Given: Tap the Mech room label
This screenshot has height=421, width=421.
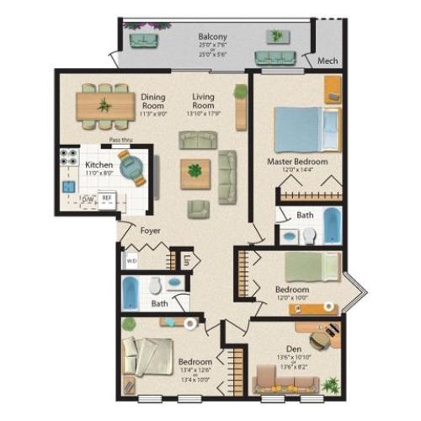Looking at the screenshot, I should [328, 61].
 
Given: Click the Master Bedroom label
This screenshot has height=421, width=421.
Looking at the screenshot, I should [297, 161].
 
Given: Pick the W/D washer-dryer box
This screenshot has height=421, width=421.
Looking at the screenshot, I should [131, 261].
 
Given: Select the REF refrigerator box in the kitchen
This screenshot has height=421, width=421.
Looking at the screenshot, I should [107, 199].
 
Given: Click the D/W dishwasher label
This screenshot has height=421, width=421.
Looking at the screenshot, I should [87, 199].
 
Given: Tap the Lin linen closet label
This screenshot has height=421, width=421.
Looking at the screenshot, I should [186, 260].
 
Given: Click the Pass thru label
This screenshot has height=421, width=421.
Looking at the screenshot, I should [123, 141].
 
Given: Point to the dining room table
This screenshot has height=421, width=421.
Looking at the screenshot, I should [106, 105].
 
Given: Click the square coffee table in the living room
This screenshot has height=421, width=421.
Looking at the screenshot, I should [195, 172].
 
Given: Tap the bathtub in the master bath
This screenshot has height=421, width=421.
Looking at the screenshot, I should [332, 225].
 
